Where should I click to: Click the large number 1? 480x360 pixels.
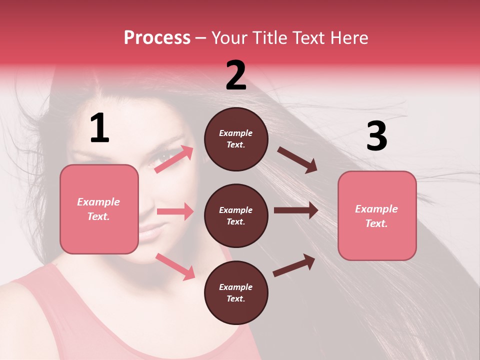pos(99,128)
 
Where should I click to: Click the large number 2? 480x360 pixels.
pos(236,75)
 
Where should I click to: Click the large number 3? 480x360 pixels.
pos(376,136)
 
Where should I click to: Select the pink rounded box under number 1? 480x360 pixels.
pos(99,209)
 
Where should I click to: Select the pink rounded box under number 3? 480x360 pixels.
pos(377,216)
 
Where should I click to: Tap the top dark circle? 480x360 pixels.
pos(236,139)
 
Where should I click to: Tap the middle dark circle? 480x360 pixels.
pos(236,216)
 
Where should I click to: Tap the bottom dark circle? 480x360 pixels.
pos(236,293)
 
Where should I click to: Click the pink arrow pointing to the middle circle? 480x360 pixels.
pos(175,211)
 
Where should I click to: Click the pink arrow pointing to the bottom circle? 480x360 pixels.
pos(175,266)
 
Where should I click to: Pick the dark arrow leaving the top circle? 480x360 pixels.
pos(297,160)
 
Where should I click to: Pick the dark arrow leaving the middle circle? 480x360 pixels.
pos(296,210)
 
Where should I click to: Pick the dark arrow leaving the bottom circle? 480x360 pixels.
pos(294,265)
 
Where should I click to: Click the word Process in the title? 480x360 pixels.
pos(157,38)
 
